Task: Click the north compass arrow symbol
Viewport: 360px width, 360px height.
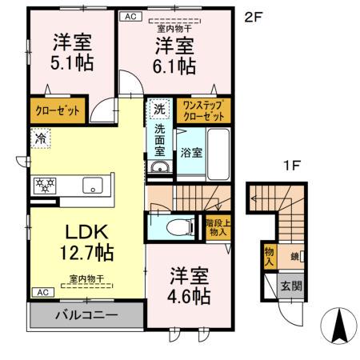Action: coord(339,326)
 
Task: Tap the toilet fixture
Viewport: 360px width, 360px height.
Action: coord(181,227)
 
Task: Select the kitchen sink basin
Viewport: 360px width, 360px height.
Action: coord(93,185)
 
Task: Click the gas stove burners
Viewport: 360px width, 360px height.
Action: coord(45,186)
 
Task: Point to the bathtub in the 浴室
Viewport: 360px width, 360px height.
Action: coord(218,154)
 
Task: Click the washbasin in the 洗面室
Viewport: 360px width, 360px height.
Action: coord(159,167)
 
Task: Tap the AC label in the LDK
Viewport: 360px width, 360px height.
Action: coord(43,292)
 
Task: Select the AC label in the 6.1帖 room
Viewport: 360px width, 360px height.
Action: coord(130,16)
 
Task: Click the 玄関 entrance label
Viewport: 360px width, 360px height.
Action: coord(291,286)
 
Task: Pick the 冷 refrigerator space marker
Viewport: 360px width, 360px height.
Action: coord(41,138)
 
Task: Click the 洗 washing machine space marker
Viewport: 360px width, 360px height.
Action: coord(159,109)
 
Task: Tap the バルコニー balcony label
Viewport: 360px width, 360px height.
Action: coord(86,315)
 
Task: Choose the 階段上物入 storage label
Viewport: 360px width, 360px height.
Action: coord(218,227)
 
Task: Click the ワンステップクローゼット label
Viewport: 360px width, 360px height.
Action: coord(204,110)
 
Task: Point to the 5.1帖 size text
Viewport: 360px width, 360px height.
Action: coord(72,63)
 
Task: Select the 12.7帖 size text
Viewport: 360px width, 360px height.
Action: coord(87,252)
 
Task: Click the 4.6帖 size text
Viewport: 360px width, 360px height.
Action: coord(189,296)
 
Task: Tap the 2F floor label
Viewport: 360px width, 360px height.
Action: coord(254,18)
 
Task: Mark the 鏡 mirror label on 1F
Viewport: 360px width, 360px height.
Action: coord(294,257)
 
